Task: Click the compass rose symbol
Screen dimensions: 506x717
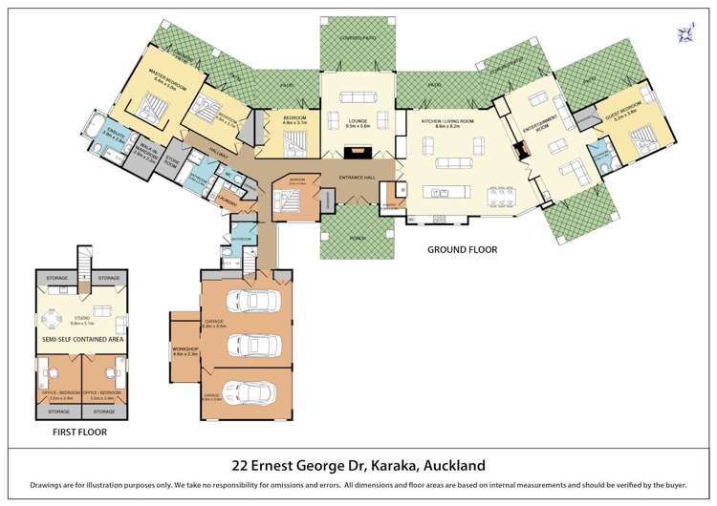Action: (685, 33)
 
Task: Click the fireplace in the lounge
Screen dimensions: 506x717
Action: (358, 150)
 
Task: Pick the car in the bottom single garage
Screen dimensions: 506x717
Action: (255, 392)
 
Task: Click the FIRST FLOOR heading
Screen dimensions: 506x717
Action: (79, 432)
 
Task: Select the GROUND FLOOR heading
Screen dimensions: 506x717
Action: (462, 250)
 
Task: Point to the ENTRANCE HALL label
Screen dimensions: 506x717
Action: (358, 179)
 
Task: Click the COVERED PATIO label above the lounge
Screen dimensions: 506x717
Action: (358, 38)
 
